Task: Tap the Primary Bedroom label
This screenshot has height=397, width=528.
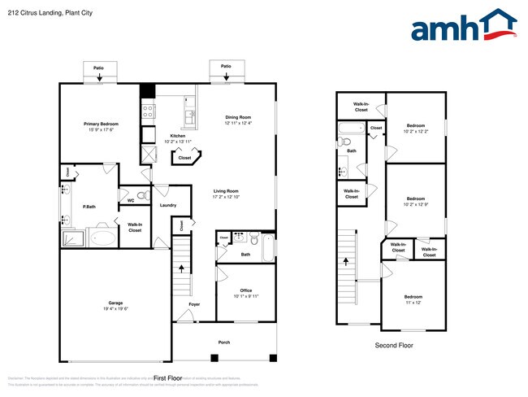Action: (102, 124)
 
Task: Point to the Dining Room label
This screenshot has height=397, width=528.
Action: (238, 117)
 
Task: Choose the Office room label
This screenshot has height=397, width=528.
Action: (245, 290)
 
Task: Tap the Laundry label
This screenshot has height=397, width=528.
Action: (168, 205)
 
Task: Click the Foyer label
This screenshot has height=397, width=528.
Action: (194, 304)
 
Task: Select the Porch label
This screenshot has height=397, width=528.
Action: (224, 342)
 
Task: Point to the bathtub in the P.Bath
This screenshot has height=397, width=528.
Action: (102, 238)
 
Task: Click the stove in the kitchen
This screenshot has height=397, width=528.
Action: (149, 111)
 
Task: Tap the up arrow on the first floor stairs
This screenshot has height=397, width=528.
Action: (181, 268)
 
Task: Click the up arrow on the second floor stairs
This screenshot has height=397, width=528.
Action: (347, 262)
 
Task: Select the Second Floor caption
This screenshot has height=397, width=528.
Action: (393, 346)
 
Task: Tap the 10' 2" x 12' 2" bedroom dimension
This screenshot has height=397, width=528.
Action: (415, 132)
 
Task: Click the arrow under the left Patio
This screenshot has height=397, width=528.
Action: (100, 79)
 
